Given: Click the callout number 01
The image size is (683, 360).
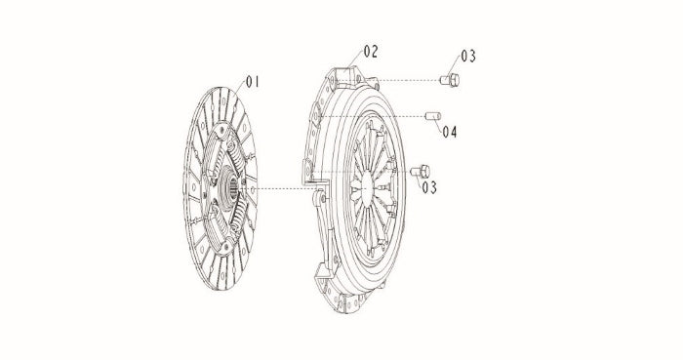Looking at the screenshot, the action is (x=253, y=81).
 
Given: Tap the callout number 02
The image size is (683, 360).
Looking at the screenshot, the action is (x=371, y=52).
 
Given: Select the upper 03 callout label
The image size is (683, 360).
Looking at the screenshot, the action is (x=468, y=56).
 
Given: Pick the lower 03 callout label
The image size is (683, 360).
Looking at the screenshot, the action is (x=429, y=187).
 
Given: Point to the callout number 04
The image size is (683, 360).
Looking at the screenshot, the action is (x=450, y=132).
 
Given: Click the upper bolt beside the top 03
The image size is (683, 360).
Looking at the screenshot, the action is (x=450, y=80).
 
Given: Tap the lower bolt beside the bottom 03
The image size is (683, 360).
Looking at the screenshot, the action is (x=421, y=171).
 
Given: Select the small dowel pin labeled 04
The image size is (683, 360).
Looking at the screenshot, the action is (x=433, y=116).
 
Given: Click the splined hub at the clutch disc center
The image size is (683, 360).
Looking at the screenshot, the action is (x=228, y=188).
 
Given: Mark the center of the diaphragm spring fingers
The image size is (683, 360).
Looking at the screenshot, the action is (x=367, y=186).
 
